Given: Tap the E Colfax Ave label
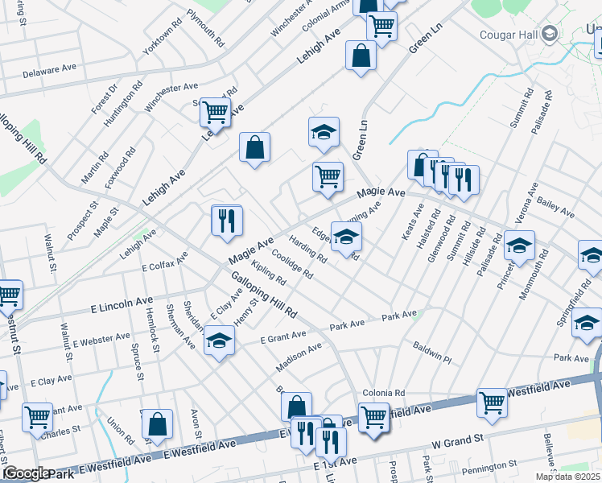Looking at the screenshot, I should coord(164,261).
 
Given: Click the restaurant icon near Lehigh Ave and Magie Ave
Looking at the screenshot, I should coord(227,220).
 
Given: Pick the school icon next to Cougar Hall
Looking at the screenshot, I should coord(550,34).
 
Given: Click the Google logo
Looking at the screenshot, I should coord(25,473).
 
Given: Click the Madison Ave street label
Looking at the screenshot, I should coord(299,356).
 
